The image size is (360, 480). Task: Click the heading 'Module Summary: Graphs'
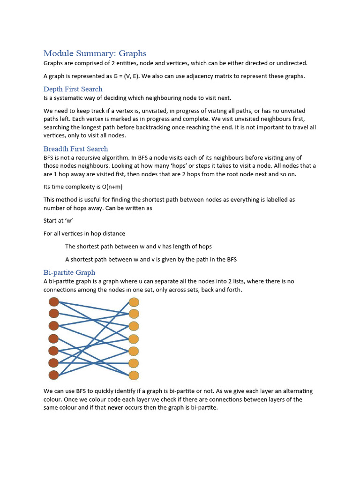[x=95, y=53]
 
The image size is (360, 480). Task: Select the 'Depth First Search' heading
[x=73, y=89]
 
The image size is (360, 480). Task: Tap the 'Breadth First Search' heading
[x=75, y=149]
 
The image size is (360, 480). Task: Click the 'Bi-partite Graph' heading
[x=69, y=272]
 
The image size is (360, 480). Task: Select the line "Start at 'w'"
[x=59, y=220]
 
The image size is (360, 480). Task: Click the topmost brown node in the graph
[x=53, y=301]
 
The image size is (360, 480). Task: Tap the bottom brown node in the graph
[x=53, y=375]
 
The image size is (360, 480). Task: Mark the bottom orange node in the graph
[x=134, y=375]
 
